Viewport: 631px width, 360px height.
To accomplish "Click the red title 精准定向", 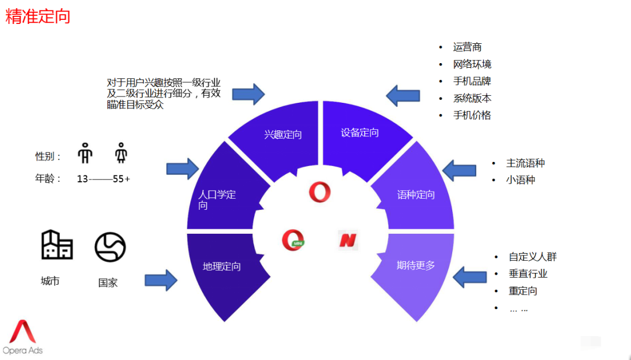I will [x=38, y=16].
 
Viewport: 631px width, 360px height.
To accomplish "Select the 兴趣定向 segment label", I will [x=283, y=134].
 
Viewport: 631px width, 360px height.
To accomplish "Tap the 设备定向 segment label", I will [x=360, y=133].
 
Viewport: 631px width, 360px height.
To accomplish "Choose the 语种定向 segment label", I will [x=416, y=195].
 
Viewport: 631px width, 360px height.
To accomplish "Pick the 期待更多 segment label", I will [x=416, y=265].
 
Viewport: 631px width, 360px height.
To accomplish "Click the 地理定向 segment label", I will [x=221, y=266].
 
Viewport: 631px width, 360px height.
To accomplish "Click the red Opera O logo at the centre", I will [x=320, y=192].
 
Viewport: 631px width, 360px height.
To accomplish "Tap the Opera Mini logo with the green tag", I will [x=293, y=240].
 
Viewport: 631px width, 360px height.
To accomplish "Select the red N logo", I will [x=348, y=240].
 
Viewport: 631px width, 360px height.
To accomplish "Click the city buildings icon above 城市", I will [x=57, y=245].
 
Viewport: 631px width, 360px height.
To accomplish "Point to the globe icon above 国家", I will [x=110, y=247].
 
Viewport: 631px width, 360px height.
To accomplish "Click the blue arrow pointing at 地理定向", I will [x=161, y=280].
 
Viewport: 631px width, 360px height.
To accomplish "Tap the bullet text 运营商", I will [x=467, y=47].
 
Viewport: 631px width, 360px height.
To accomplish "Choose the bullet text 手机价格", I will [x=472, y=115].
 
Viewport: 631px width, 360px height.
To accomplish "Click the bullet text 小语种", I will [x=521, y=180].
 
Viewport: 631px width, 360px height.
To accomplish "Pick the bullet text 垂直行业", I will [x=528, y=274].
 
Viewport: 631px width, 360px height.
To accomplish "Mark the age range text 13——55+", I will [x=103, y=179].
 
